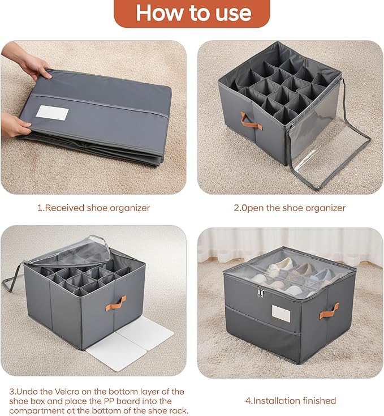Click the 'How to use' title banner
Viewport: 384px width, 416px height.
[192, 13]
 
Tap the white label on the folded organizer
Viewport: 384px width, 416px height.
[52, 113]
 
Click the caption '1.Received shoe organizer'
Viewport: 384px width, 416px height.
[93, 208]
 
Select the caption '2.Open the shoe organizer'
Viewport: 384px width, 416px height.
[290, 208]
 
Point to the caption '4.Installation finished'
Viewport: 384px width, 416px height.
[290, 401]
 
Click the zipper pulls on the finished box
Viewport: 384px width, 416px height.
[261, 292]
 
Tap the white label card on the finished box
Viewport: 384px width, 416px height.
[281, 313]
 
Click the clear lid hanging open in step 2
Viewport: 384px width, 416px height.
[331, 150]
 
